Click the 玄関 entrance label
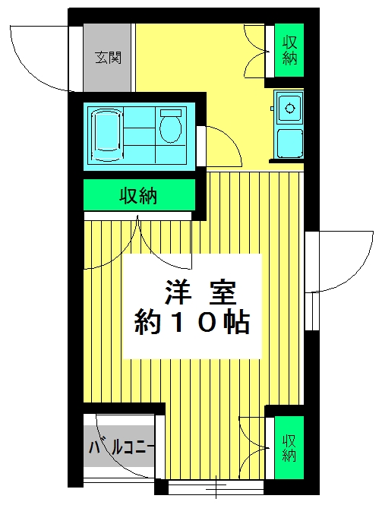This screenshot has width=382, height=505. [109, 58]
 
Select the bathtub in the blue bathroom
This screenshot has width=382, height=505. [106, 134]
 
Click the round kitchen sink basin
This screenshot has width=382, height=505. [290, 108]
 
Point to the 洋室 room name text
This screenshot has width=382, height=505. [200, 293]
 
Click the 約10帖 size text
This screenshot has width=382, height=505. [192, 321]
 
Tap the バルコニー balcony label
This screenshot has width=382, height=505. [122, 447]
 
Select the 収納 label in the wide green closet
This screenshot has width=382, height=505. [138, 195]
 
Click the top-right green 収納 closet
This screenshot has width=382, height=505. [289, 50]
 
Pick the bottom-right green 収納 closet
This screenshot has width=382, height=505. [289, 447]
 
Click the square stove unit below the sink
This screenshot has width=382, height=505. [290, 144]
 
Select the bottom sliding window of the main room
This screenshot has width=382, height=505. [216, 487]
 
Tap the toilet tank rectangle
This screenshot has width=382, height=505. [171, 113]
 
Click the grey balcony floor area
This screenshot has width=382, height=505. [119, 446]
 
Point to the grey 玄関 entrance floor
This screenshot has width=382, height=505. [107, 57]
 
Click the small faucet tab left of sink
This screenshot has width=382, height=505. [272, 109]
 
